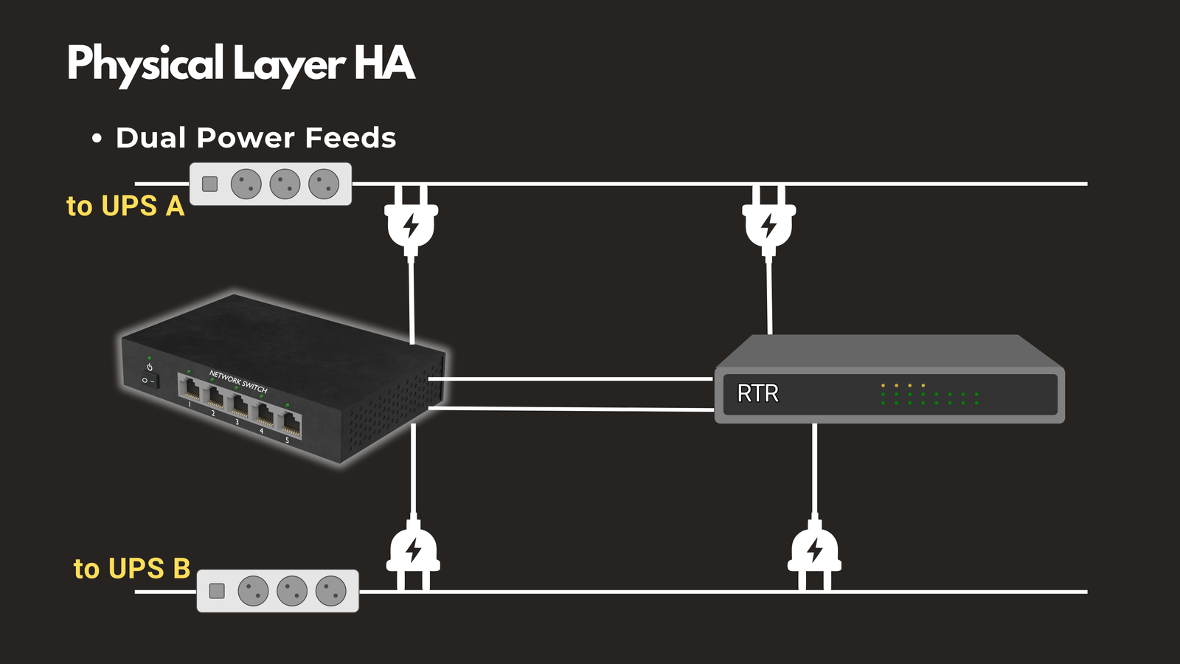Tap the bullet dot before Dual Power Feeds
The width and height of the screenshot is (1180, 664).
pos(97,139)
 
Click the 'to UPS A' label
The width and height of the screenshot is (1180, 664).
pos(125,206)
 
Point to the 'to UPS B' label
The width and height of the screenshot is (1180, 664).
pos(132,569)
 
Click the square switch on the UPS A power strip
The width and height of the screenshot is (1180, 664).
pos(210,184)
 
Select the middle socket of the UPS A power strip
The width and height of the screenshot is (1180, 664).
pos(285,184)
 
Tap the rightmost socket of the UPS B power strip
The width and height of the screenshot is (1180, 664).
pos(330,591)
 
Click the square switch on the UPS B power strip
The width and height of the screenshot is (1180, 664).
pos(217,591)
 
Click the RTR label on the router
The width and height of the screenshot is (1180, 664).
pos(757,393)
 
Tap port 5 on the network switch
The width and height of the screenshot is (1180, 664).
pos(291,424)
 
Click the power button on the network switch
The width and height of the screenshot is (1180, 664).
pos(150,367)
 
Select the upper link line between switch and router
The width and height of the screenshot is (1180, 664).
pos(572,379)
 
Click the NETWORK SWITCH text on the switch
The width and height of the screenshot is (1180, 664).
pos(238,381)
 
